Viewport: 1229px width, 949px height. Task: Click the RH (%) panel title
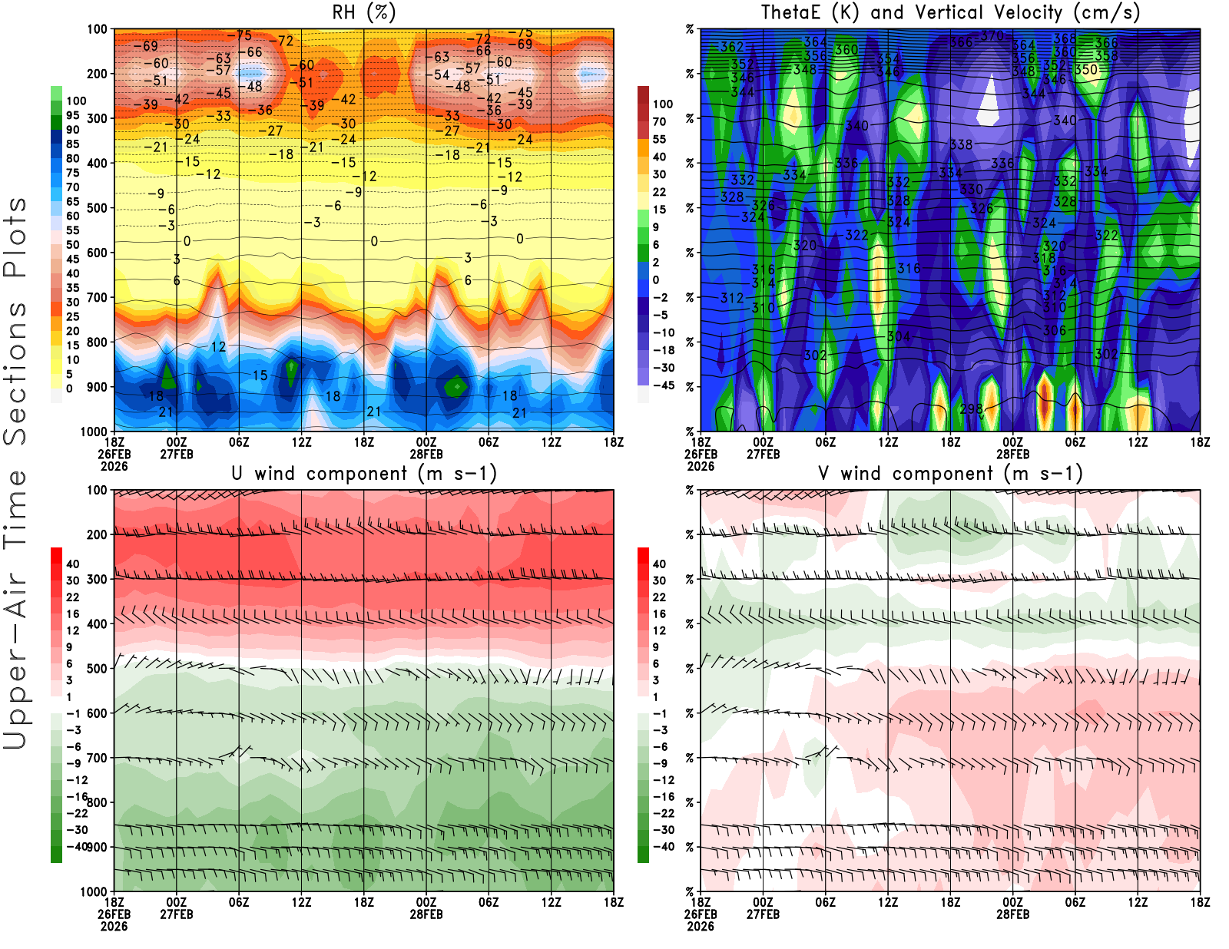pos(363,13)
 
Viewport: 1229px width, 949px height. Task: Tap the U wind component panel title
pos(364,474)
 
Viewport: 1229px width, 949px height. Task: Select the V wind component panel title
pos(950,474)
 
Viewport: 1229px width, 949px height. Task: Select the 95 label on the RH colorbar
pos(73,115)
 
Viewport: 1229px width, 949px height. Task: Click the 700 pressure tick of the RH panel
pos(97,297)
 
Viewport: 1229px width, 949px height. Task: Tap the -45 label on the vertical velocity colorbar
pos(663,385)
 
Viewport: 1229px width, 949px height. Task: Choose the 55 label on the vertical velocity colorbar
pos(659,139)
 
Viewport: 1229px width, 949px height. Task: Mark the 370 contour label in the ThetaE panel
pos(992,35)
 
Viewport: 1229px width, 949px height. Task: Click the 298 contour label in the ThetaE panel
pos(971,408)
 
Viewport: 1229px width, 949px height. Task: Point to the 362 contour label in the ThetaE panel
pos(731,47)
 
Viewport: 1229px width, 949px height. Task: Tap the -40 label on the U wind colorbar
pos(77,846)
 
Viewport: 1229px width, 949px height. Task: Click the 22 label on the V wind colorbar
pos(659,597)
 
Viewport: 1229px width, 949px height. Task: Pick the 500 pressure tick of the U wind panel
pos(97,668)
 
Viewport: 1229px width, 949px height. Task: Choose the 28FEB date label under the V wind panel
pos(1012,914)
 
